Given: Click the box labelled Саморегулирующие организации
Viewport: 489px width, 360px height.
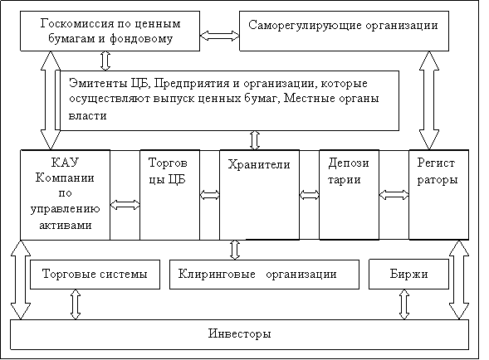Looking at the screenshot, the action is pyautogui.click(x=344, y=32).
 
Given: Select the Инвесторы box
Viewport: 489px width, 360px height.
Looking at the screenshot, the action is pyautogui.click(x=239, y=334).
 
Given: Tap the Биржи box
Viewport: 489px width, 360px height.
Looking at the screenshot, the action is pyautogui.click(x=408, y=275).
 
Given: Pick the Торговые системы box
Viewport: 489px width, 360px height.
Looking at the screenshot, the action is pyautogui.click(x=95, y=275).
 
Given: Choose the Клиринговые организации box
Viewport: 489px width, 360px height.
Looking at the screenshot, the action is pyautogui.click(x=264, y=275).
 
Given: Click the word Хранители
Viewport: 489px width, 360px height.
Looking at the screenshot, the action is pyautogui.click(x=259, y=164).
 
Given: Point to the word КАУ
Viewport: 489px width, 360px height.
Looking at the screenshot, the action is pyautogui.click(x=65, y=163).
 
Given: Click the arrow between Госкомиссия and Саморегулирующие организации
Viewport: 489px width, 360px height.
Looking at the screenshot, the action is pyautogui.click(x=219, y=36).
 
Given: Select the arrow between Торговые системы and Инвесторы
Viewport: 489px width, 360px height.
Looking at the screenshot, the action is pyautogui.click(x=76, y=304).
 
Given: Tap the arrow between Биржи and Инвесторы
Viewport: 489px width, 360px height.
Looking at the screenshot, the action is pyautogui.click(x=404, y=304).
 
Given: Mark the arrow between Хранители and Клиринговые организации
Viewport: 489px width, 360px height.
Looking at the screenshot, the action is pyautogui.click(x=235, y=250).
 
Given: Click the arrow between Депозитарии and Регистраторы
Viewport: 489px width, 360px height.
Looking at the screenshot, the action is pyautogui.click(x=394, y=195).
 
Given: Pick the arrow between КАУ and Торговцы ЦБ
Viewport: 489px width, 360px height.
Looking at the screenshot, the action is pyautogui.click(x=125, y=205).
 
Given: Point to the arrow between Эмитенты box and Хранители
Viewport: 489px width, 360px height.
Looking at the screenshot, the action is pyautogui.click(x=255, y=140).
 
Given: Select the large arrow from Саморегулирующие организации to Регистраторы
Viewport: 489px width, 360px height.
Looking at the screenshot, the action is pyautogui.click(x=429, y=100).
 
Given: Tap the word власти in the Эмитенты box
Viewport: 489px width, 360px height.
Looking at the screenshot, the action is pyautogui.click(x=88, y=116).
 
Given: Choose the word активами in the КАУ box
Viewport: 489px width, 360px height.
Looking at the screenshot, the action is pyautogui.click(x=66, y=225).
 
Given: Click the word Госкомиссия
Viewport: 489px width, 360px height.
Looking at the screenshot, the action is pyautogui.click(x=76, y=24).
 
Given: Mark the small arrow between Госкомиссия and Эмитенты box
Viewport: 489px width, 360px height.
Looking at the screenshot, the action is pyautogui.click(x=105, y=61).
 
